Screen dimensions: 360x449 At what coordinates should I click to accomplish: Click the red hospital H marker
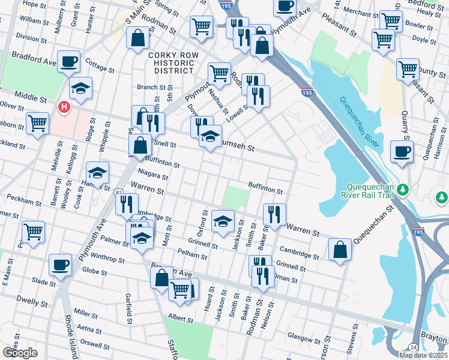64,107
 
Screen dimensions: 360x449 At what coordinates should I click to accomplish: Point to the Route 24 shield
413,347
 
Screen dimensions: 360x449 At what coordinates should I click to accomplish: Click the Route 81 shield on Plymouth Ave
119,191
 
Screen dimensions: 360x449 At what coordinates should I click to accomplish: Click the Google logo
20,353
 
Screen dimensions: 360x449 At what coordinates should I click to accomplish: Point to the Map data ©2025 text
423,355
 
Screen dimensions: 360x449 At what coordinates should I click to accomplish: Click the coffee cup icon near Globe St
60,265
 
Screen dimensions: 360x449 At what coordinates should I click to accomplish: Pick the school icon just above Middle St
80,89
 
